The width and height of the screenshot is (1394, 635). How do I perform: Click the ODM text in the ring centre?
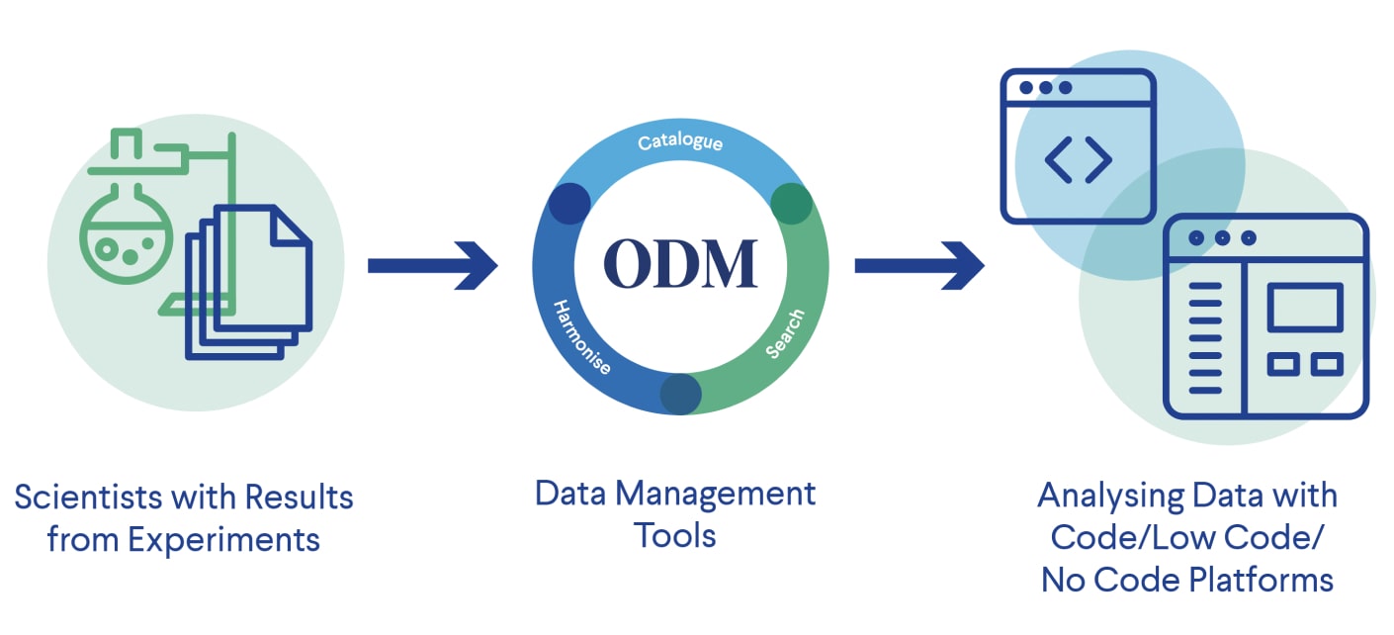tap(680, 263)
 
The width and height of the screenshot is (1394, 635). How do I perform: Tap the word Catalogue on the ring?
tap(680, 142)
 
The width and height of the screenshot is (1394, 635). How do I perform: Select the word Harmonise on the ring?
tap(581, 337)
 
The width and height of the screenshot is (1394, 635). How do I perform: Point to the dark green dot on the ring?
tap(791, 203)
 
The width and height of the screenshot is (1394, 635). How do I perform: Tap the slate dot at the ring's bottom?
tap(680, 393)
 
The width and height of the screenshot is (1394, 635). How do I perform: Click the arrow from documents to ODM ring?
tap(432, 265)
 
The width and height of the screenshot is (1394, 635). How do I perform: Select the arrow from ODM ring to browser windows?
tap(918, 265)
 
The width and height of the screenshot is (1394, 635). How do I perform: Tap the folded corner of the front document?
tap(291, 227)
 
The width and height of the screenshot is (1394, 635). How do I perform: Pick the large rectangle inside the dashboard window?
tap(1305, 308)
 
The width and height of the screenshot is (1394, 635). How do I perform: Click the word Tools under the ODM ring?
tap(675, 536)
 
